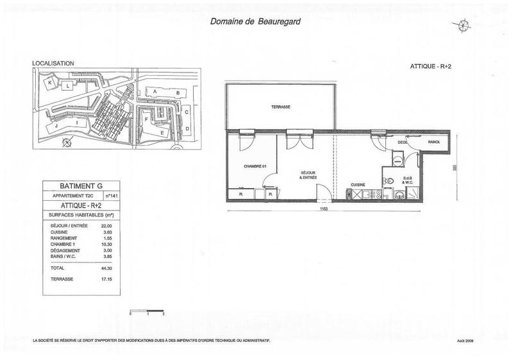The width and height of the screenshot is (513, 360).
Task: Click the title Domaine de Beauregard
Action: point(254,20)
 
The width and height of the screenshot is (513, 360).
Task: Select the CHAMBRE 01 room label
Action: point(254,166)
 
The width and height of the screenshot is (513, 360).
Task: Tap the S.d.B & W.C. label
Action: point(407,180)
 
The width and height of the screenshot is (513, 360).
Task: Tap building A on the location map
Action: point(155,92)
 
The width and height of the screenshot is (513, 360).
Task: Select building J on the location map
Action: point(56,126)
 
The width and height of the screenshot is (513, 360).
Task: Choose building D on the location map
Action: point(187,128)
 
